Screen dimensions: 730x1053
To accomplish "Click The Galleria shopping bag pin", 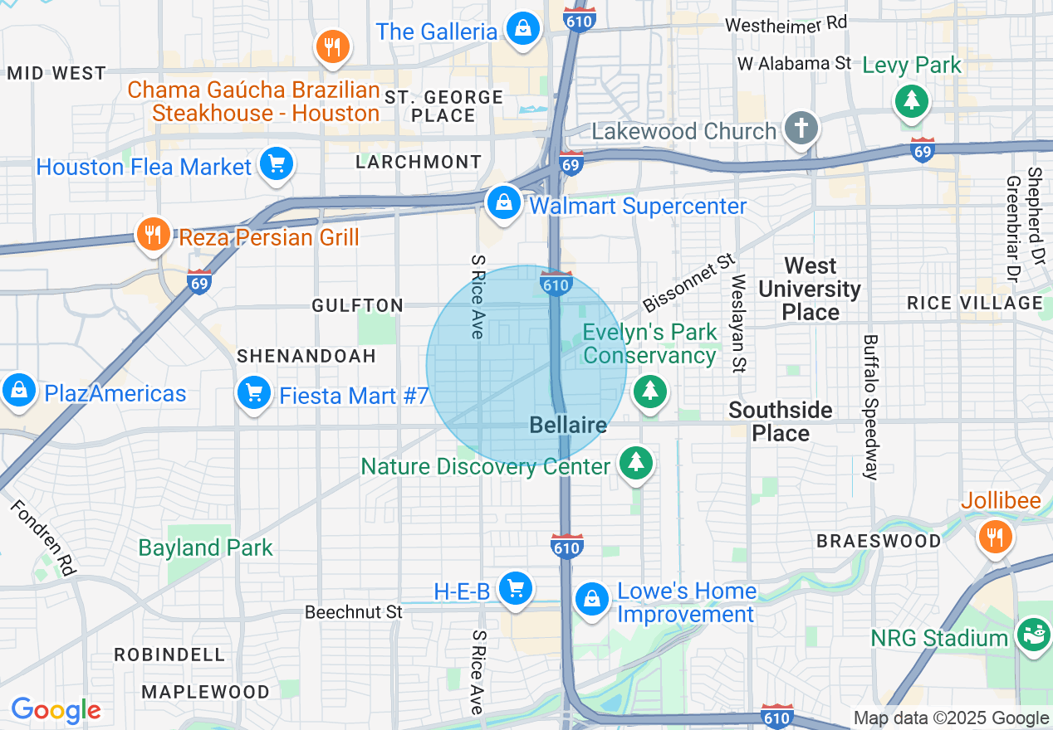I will click(523, 29).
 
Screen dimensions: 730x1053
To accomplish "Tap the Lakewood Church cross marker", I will click(801, 129).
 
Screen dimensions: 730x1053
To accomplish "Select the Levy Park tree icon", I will click(912, 100).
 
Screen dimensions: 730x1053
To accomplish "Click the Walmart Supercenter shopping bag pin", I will click(503, 202).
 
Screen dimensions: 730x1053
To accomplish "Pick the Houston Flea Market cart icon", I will click(276, 163).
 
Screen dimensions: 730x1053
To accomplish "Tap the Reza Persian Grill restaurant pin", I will click(153, 233).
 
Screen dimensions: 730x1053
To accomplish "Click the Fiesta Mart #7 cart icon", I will click(254, 392).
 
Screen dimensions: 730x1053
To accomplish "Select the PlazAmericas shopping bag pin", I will click(18, 389).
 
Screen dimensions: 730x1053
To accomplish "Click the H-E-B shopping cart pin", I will click(516, 588).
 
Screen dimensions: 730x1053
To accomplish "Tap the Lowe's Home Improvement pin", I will click(591, 597).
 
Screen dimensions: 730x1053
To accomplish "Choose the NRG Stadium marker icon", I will click(1034, 635).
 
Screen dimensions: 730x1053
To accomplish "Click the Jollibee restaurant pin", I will click(995, 535).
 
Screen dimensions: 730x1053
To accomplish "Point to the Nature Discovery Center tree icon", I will click(636, 462).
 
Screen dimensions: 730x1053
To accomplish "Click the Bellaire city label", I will click(568, 426).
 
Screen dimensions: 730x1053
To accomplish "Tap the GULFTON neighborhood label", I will click(357, 306).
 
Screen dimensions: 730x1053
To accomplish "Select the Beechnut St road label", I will click(353, 612).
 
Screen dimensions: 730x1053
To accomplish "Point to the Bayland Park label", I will click(205, 547).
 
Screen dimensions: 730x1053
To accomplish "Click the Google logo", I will click(56, 710).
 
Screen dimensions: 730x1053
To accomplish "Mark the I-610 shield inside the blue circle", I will click(556, 284).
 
